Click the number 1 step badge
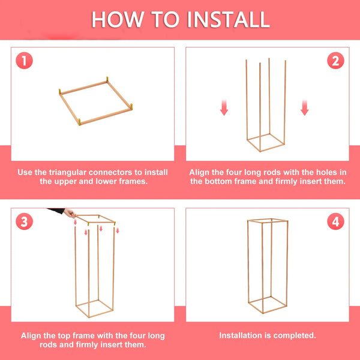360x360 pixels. tap(24, 61)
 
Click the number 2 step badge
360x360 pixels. tap(335, 61)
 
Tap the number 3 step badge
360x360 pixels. tap(24, 222)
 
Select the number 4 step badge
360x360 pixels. tap(335, 222)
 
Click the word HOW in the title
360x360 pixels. tap(116, 19)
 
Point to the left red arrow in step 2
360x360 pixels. tap(224, 107)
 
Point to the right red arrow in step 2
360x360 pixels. tap(304, 107)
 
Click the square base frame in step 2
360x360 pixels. tap(266, 143)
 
